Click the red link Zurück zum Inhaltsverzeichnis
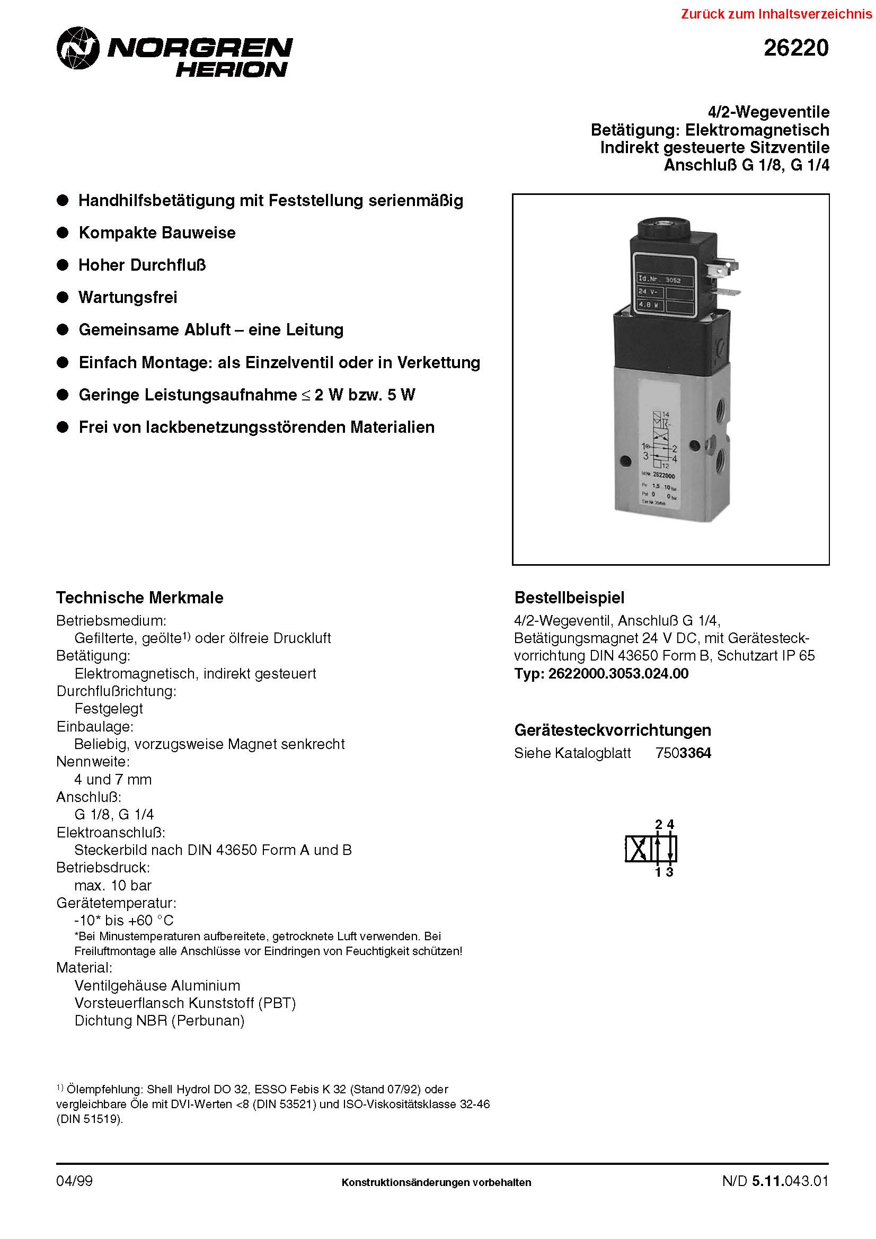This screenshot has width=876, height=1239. [777, 14]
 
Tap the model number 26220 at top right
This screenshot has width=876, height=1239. [795, 49]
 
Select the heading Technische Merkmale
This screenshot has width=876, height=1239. [139, 598]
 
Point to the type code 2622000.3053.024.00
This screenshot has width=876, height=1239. [618, 673]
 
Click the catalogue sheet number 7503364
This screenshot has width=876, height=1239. [683, 753]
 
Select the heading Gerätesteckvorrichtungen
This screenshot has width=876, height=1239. [612, 730]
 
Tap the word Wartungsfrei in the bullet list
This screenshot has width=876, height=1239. [127, 297]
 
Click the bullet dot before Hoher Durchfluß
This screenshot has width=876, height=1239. [63, 265]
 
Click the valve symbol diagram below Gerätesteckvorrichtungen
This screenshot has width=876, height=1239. [651, 849]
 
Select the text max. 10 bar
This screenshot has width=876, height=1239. [113, 885]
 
